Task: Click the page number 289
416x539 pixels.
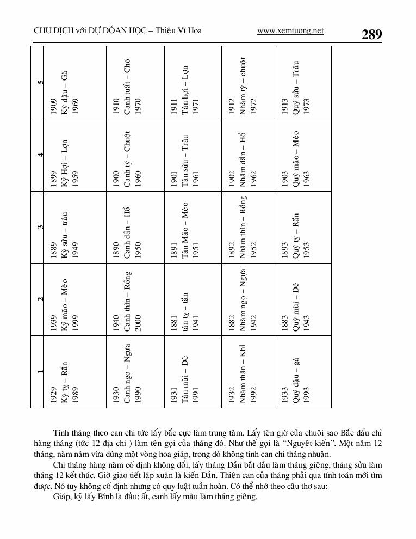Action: coord(371,34)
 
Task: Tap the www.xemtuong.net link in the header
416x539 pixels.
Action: coord(290,31)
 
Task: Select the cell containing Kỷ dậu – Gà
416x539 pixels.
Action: coord(75,82)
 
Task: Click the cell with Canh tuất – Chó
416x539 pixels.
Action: coord(134,82)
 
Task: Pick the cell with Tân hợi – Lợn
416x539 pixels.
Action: coord(193,82)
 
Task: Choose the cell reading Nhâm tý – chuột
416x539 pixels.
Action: coord(248,82)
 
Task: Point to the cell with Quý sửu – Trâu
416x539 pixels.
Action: coord(303,82)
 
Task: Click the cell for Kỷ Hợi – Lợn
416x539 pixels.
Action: coord(75,155)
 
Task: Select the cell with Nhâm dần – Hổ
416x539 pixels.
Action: coord(248,155)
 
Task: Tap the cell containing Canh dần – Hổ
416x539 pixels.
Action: coord(134,228)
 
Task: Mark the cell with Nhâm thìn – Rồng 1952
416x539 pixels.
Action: coord(248,228)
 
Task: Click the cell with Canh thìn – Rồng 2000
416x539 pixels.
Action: coord(134,300)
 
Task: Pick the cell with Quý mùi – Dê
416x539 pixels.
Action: coord(303,300)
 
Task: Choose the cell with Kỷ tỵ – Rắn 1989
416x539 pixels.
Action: coord(75,372)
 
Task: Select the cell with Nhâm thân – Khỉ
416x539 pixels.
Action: coord(248,372)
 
